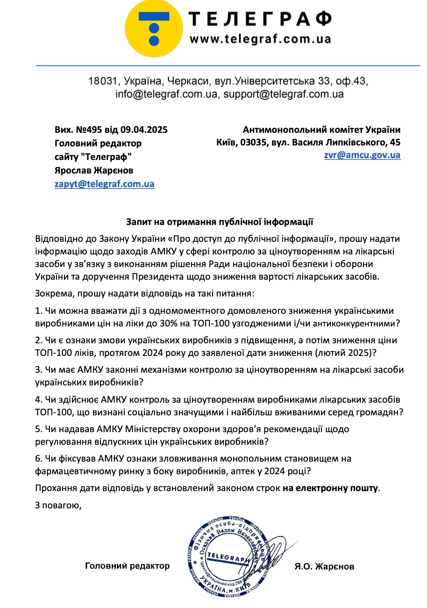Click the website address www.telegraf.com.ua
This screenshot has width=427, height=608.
[260, 38]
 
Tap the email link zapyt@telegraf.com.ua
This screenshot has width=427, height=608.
[104, 184]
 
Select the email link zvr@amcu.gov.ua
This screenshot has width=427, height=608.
[362, 155]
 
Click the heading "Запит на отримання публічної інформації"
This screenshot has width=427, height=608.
[219, 221]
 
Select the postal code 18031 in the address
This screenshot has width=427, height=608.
[102, 81]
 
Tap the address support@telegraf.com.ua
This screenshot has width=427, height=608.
[283, 94]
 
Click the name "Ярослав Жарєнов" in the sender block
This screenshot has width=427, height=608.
[93, 170]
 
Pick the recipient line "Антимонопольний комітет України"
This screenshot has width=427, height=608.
[321, 130]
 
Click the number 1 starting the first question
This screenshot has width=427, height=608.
[38, 311]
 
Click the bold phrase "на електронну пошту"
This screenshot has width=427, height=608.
[330, 488]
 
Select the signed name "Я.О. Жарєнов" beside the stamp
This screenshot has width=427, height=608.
[324, 566]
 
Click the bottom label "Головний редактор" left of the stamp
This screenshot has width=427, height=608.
[127, 566]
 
